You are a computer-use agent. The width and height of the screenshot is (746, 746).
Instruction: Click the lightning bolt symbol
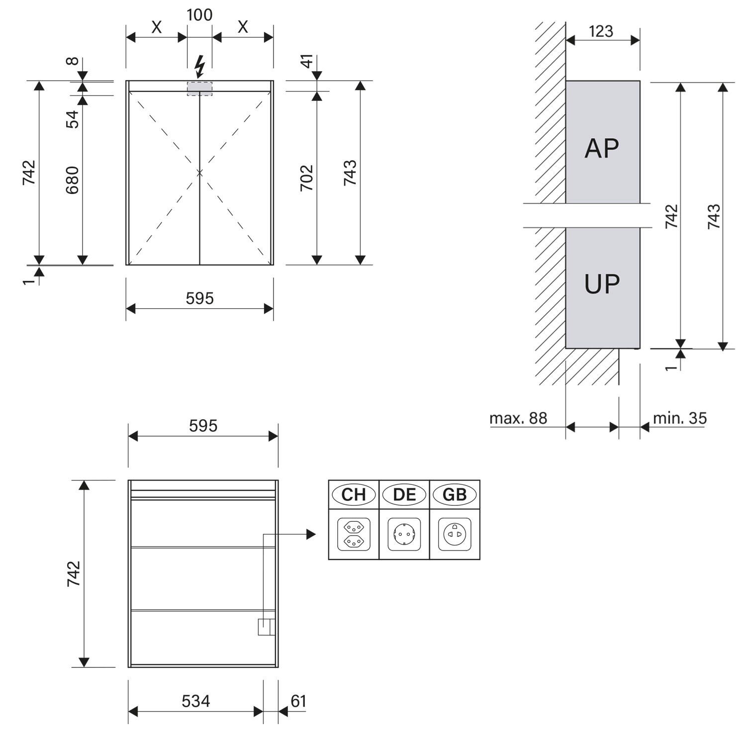[x=199, y=67]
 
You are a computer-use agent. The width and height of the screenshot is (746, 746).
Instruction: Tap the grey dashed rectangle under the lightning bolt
[x=199, y=88]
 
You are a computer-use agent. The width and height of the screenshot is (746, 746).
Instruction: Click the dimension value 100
[x=199, y=15]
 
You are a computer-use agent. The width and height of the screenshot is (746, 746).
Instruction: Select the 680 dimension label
[x=73, y=180]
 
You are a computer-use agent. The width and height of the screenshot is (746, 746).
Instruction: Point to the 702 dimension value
[x=307, y=178]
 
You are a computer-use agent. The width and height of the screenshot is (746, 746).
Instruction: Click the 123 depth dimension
[x=601, y=31]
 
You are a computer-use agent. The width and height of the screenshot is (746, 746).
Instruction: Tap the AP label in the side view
[x=602, y=148]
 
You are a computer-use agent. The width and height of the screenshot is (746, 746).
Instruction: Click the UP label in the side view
[x=602, y=284]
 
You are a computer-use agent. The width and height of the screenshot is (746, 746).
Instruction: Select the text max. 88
[x=518, y=418]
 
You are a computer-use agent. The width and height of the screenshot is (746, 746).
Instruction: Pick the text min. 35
[x=679, y=418]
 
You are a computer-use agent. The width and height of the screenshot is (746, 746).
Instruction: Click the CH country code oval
[x=354, y=494]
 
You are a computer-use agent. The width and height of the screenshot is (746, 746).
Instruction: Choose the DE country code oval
[x=404, y=494]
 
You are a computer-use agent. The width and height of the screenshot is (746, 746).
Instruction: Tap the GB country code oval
[x=455, y=494]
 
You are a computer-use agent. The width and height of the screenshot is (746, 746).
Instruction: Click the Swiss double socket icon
[x=354, y=534]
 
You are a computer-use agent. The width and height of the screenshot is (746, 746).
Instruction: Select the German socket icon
[x=404, y=534]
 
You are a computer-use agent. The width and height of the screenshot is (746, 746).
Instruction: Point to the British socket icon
[x=455, y=534]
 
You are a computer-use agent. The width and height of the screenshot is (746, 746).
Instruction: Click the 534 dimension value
[x=195, y=701]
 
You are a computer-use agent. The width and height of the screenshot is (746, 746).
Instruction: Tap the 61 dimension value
[x=298, y=701]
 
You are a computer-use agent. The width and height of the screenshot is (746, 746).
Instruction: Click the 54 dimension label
[x=73, y=119]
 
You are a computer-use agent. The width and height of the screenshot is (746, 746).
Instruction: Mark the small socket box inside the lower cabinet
[x=266, y=627]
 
